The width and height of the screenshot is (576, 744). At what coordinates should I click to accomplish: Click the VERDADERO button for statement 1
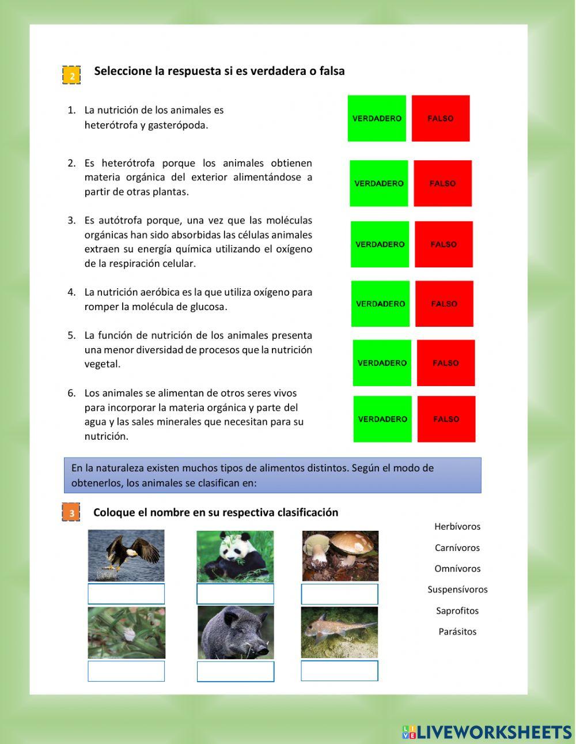[377, 118]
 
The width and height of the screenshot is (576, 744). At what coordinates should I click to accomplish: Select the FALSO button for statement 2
[442, 183]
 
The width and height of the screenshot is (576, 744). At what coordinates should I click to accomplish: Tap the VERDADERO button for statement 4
[380, 304]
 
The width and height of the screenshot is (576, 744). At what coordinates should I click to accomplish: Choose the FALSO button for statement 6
[446, 419]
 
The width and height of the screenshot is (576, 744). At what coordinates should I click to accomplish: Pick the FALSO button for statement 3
[444, 244]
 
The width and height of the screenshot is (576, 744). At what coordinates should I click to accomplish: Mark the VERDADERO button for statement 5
[382, 363]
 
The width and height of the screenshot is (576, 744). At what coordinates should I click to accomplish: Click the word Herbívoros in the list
[457, 526]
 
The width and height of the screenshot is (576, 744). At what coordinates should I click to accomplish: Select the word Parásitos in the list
[457, 632]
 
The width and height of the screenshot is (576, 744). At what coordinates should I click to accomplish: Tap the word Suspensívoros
[457, 590]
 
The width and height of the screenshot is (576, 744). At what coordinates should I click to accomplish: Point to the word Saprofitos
[457, 611]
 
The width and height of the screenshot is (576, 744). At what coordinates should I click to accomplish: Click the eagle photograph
[126, 556]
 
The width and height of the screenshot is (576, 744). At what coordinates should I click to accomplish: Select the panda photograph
[235, 556]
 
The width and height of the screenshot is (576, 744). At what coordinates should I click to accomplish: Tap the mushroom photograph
[340, 556]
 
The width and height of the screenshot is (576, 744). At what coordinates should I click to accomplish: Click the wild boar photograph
[236, 632]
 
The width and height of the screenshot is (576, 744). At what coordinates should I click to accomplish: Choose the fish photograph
[339, 632]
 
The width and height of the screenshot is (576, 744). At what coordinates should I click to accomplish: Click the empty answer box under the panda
[235, 594]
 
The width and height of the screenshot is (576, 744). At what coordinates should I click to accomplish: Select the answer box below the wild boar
[236, 671]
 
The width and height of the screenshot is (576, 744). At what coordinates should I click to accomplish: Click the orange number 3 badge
[71, 512]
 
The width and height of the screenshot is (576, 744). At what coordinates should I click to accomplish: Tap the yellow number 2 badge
[71, 75]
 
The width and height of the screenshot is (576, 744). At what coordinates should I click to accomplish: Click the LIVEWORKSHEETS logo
[487, 732]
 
